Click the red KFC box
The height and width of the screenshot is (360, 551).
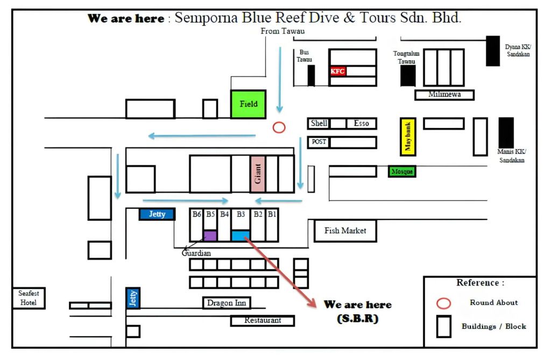pyautogui.click(x=338, y=71)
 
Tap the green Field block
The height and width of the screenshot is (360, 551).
pyautogui.click(x=248, y=104)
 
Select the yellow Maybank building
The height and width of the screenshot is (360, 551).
pyautogui.click(x=408, y=137)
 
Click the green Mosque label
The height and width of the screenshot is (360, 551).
pyautogui.click(x=402, y=171)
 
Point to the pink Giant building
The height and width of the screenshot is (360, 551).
pyautogui.click(x=257, y=174)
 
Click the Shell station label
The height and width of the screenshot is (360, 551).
pyautogui.click(x=319, y=124)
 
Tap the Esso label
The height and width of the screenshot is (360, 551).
pyautogui.click(x=361, y=124)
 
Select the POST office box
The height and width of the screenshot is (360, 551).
pyautogui.click(x=319, y=142)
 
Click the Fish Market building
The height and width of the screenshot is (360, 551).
pyautogui.click(x=345, y=231)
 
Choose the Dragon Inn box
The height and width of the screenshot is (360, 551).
pyautogui.click(x=227, y=303)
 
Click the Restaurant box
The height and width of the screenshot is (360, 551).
pyautogui.click(x=263, y=320)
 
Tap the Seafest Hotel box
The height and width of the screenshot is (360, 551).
pyautogui.click(x=29, y=298)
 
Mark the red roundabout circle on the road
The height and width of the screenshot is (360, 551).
pyautogui.click(x=279, y=128)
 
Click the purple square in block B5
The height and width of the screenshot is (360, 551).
pyautogui.click(x=210, y=236)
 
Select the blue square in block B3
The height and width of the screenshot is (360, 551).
pyautogui.click(x=241, y=236)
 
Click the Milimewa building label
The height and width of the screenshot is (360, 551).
pyautogui.click(x=444, y=95)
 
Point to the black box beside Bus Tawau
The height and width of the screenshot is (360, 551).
pyautogui.click(x=311, y=75)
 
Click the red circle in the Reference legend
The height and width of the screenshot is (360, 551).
pyautogui.click(x=443, y=303)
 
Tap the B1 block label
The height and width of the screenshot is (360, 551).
pyautogui.click(x=272, y=214)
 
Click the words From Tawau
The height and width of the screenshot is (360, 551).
pyautogui.click(x=282, y=31)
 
